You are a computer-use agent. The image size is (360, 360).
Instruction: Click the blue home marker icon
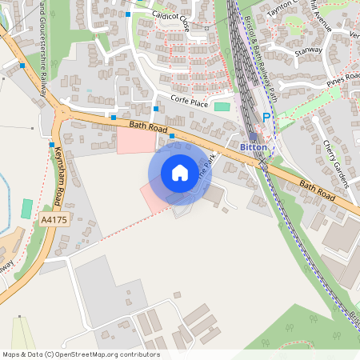click(x=179, y=172)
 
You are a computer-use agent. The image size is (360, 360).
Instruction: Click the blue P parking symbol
click(x=266, y=118)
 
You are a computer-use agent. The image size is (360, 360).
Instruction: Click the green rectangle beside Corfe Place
click(x=222, y=106)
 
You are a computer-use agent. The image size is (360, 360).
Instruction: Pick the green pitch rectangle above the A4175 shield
click(x=27, y=210)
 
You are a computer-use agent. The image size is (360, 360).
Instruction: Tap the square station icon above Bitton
click(x=254, y=136)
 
